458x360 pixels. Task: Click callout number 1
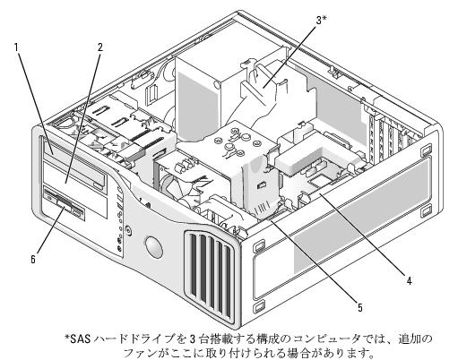pos(17,47)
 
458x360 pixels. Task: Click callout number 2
pos(99,47)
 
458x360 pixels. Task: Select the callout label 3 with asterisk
pos(321,21)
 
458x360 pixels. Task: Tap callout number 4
pos(409,280)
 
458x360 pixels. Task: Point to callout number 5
pos(360,307)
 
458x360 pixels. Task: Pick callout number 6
pos(33,259)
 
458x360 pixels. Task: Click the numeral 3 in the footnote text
pos(193,339)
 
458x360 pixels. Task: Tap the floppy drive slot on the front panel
pos(65,204)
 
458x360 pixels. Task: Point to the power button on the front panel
pos(128,230)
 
